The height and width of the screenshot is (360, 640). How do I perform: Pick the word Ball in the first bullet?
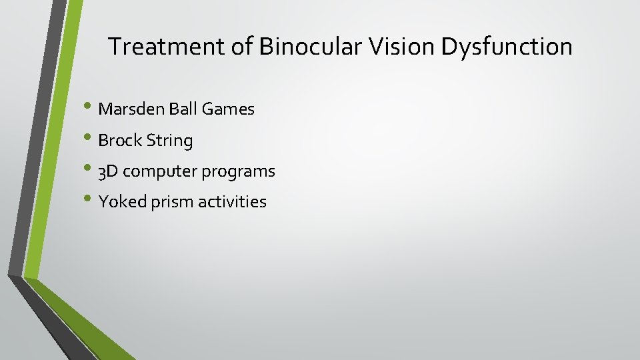[179, 109]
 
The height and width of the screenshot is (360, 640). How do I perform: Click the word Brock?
[120, 141]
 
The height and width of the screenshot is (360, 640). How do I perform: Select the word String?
[169, 141]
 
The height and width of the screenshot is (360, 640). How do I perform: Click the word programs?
[239, 172]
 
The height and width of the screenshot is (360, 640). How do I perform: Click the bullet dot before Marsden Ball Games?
[90, 107]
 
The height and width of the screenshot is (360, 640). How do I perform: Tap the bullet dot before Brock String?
[90, 139]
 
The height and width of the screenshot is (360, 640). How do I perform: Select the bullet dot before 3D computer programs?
[90, 169]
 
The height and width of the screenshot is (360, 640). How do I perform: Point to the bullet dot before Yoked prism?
[90, 200]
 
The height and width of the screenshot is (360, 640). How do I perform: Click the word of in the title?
[244, 47]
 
